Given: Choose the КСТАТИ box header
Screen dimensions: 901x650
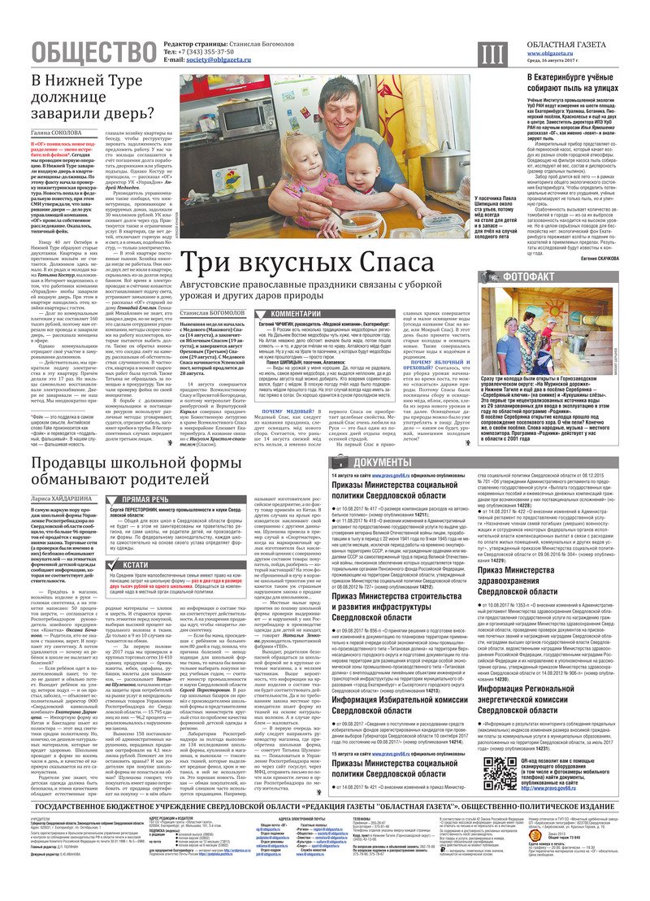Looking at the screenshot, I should (x=136, y=564).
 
